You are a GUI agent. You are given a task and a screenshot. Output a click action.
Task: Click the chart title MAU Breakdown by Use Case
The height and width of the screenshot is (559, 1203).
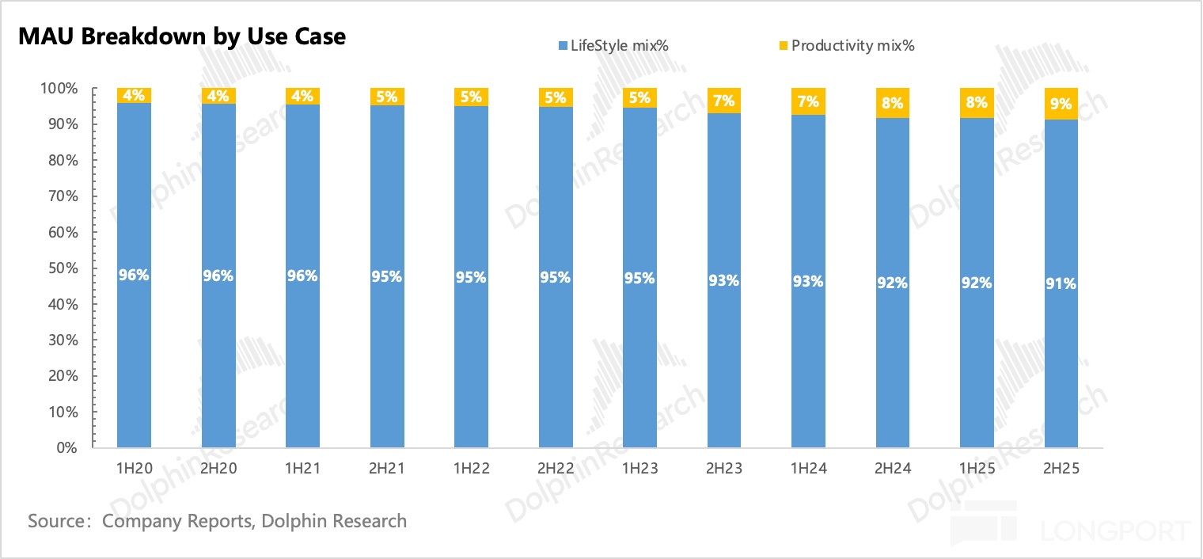coord(182,36)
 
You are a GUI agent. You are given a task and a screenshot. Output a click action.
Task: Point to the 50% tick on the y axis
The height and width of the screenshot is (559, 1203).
coord(61,268)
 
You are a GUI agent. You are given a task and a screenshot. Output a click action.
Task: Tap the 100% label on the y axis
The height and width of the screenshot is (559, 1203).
coord(58,89)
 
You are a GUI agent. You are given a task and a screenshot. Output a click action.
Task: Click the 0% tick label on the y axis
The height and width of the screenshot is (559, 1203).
coord(66,448)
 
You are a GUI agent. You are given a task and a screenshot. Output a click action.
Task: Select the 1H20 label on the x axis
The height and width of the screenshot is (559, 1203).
coord(134,469)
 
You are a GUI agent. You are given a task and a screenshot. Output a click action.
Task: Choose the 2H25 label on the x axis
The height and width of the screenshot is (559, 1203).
coord(1061,469)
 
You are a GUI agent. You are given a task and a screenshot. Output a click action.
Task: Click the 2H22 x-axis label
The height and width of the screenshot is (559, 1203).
coord(555,469)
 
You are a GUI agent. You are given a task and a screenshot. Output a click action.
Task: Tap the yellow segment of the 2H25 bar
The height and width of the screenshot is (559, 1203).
coord(1061,104)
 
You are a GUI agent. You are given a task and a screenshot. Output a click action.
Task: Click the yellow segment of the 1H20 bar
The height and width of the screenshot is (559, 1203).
coord(134,95)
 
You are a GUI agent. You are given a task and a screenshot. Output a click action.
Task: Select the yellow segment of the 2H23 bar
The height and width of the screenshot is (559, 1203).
coord(723,101)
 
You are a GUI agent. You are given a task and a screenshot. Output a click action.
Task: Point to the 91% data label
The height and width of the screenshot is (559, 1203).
coord(1061,283)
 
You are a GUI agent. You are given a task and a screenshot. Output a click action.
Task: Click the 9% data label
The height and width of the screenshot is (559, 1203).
coord(1061,104)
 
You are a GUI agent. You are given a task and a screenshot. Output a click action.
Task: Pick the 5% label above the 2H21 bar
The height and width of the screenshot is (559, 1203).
coord(387,97)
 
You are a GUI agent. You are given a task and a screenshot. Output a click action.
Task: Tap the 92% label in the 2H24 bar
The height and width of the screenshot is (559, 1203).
coord(892,282)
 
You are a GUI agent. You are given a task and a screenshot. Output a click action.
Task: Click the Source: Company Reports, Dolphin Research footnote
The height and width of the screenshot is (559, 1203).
coord(217,521)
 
